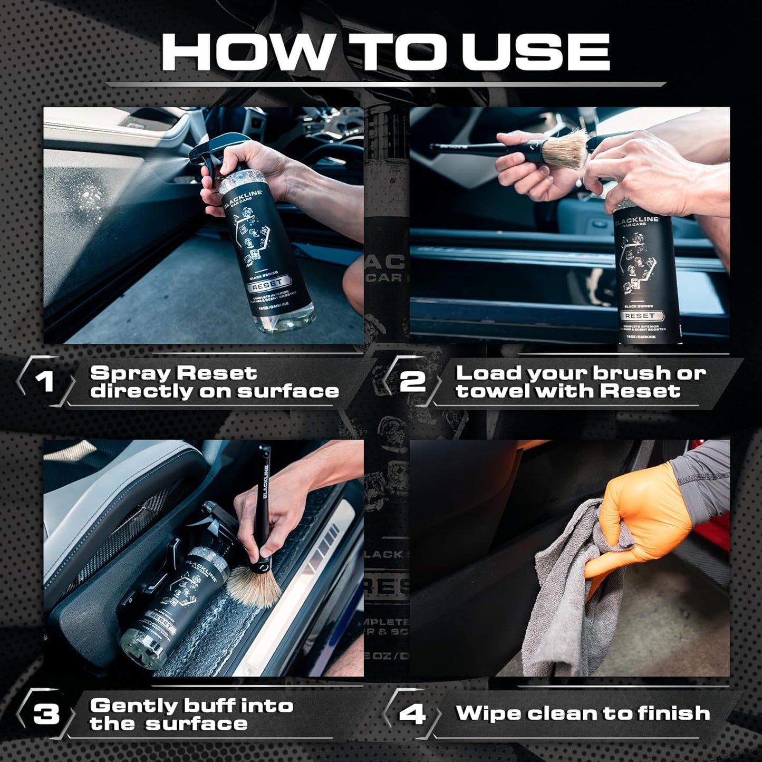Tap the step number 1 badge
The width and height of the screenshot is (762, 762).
(47, 381)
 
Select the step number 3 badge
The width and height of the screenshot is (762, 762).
(46, 714)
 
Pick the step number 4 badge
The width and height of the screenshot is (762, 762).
(412, 714)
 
